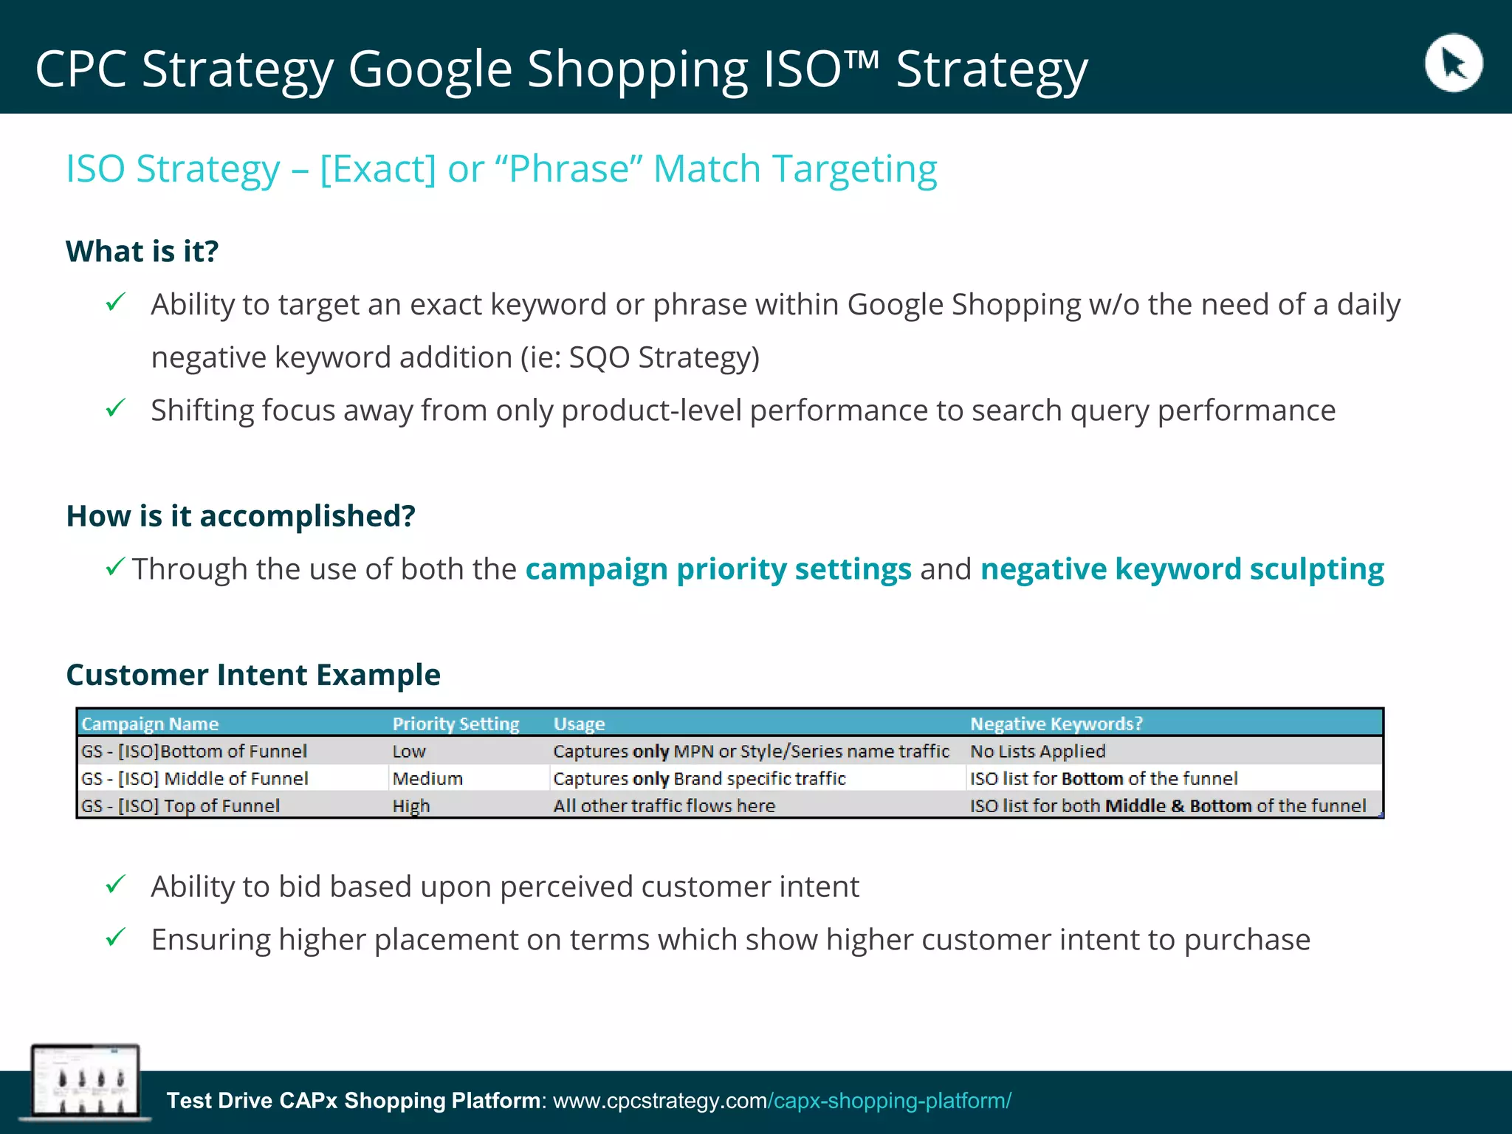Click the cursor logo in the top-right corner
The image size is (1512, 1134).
click(x=1453, y=63)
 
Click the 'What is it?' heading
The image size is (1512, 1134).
click(x=142, y=251)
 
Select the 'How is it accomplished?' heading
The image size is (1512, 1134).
click(x=241, y=515)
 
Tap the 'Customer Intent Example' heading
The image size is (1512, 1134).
click(x=253, y=674)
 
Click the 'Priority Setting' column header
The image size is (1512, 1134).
click(x=456, y=724)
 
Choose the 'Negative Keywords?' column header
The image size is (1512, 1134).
click(x=1056, y=724)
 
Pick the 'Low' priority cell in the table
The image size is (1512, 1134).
click(x=409, y=751)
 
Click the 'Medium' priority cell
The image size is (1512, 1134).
click(x=427, y=778)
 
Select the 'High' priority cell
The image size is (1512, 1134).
click(x=411, y=805)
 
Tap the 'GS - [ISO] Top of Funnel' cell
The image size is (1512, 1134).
click(x=181, y=805)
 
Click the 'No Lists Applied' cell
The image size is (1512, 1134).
click(x=1037, y=751)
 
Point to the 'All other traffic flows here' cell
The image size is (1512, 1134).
click(x=664, y=805)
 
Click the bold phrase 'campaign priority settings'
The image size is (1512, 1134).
click(x=718, y=568)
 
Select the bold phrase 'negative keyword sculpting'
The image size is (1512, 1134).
click(x=1182, y=568)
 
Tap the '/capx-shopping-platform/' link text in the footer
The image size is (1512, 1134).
click(x=890, y=1100)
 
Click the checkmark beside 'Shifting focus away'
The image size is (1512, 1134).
click(x=116, y=408)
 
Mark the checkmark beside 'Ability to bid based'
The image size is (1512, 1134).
click(x=116, y=884)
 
